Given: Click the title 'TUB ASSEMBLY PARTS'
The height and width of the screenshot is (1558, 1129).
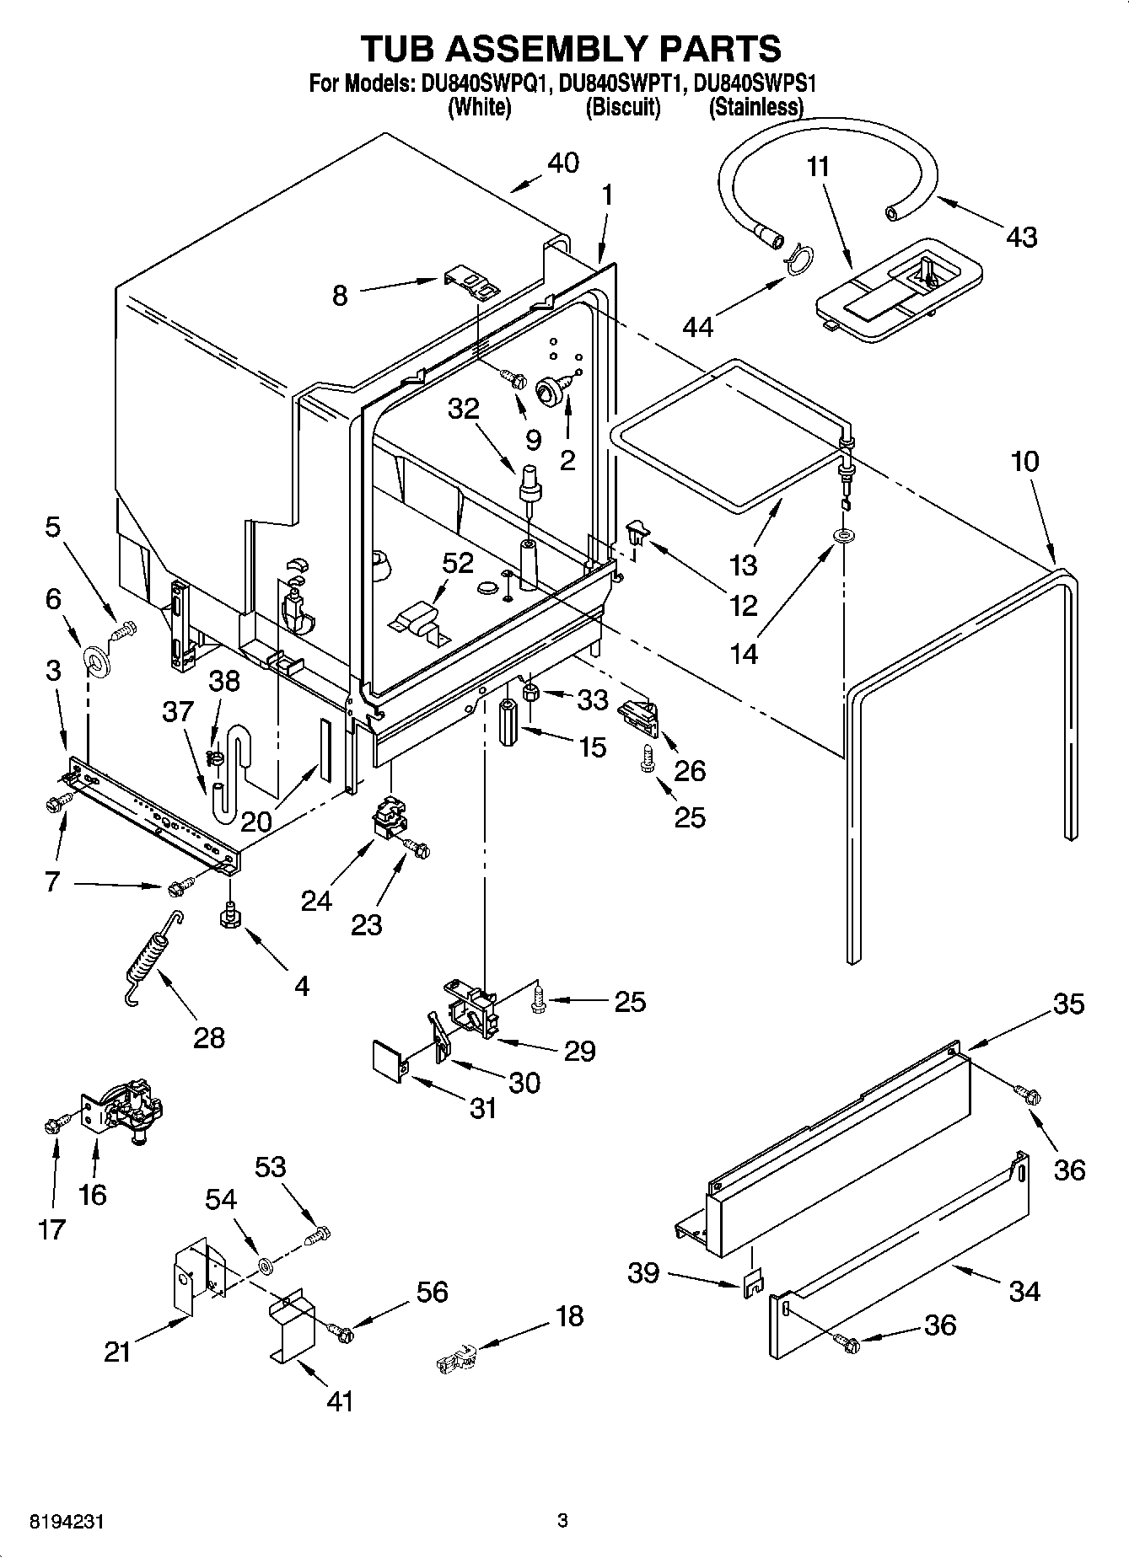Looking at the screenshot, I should click(x=571, y=49).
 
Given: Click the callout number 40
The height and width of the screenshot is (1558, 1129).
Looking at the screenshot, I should click(x=562, y=163).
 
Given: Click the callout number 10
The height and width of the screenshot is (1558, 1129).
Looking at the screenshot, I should click(x=1025, y=462).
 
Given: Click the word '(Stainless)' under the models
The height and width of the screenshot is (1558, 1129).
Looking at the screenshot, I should click(x=755, y=107).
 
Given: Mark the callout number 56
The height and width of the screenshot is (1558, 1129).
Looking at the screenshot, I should click(x=433, y=1292).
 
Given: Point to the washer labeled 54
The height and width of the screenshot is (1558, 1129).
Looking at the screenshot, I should click(x=265, y=1265).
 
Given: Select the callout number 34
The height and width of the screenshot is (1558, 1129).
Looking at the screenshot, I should click(x=1024, y=1291).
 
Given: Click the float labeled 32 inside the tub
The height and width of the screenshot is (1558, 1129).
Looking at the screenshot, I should click(x=531, y=484).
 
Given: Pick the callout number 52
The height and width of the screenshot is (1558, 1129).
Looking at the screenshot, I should click(x=458, y=563).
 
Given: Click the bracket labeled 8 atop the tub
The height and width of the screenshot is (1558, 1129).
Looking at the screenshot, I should click(x=470, y=282).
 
